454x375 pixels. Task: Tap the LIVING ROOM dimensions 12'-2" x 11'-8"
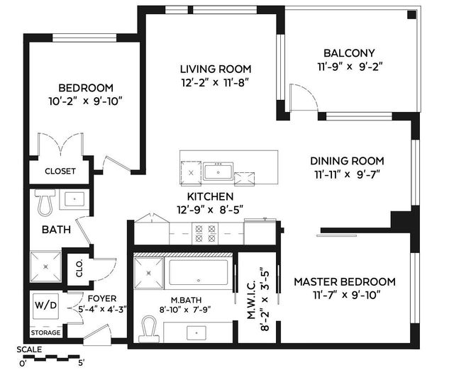point(215,82)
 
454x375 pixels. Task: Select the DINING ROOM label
point(347,161)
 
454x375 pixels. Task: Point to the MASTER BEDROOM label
point(345,281)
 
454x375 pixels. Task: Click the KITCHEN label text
point(210,196)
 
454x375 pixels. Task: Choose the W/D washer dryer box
point(43,306)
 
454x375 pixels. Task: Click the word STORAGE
point(45,332)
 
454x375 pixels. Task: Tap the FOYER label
point(102,298)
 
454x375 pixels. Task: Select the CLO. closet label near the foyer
point(79,268)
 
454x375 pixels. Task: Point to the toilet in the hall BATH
point(45,203)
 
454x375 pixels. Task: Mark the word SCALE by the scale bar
point(29,349)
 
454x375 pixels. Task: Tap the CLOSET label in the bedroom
point(60,171)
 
